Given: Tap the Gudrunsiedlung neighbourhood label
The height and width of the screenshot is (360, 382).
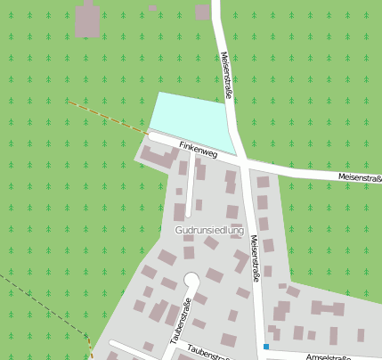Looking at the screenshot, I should [x=210, y=230].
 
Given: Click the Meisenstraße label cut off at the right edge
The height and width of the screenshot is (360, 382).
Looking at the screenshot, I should [x=360, y=177].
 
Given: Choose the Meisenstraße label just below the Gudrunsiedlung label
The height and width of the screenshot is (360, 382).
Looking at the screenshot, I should [x=256, y=258].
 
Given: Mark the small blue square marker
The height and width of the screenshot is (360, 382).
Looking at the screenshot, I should [x=265, y=346].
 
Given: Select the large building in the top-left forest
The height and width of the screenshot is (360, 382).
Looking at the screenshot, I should [x=87, y=20].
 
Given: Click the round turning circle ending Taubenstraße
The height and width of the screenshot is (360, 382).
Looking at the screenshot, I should [x=191, y=280].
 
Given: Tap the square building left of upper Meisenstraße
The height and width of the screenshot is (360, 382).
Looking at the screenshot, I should [x=203, y=12].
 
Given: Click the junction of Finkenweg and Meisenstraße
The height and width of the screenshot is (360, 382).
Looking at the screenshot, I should [x=243, y=161].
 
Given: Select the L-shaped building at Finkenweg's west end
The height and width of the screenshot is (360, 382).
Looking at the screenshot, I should [x=158, y=160].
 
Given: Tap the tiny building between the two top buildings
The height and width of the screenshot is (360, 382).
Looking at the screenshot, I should [x=152, y=7].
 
